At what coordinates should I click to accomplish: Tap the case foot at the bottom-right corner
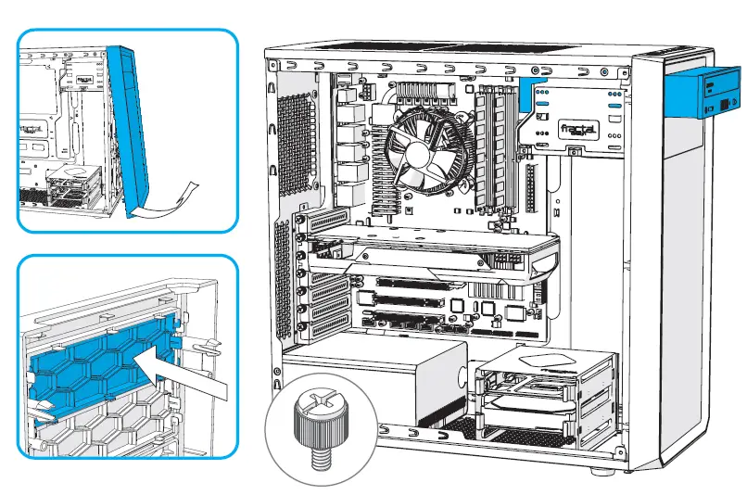603,471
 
